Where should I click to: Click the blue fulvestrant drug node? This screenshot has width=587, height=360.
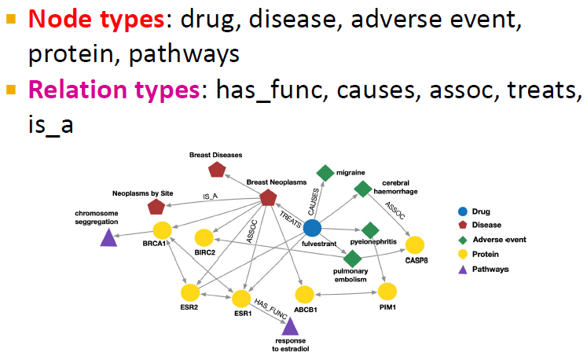312,228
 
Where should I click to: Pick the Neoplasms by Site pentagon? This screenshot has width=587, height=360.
156,207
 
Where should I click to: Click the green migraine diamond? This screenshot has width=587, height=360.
325,173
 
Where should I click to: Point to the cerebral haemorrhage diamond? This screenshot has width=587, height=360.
362,189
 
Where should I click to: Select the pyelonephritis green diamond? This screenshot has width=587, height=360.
370,229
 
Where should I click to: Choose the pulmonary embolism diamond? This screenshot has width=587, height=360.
352,257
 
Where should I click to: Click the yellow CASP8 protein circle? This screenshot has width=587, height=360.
414,244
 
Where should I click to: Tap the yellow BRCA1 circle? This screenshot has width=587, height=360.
162,230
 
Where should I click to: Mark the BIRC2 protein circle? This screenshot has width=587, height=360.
204,237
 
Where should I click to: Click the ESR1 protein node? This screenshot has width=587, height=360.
240,299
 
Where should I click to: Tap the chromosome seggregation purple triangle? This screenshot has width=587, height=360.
108,236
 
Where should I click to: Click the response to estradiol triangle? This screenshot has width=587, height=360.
289,325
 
